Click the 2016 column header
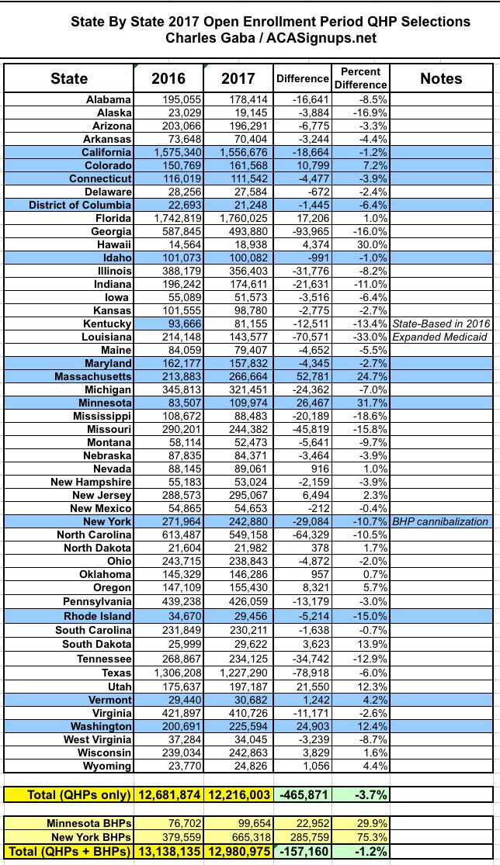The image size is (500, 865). [x=168, y=78]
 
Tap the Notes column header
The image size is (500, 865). [x=440, y=78]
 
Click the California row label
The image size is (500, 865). [x=107, y=153]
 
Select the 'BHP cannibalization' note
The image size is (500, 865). [x=440, y=521]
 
